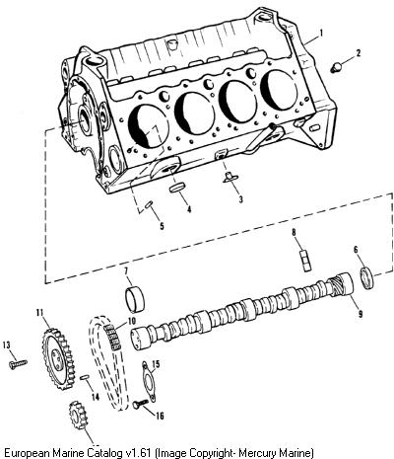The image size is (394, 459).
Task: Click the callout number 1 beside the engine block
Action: click(x=321, y=34)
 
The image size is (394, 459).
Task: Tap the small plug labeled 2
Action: click(x=336, y=68)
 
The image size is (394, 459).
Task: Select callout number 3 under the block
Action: click(x=241, y=199)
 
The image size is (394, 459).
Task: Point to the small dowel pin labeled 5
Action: click(x=149, y=204)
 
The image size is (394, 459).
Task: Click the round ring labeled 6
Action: click(x=367, y=278)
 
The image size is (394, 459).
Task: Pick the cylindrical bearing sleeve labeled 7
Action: click(x=135, y=300)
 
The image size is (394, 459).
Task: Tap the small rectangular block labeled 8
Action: click(x=305, y=262)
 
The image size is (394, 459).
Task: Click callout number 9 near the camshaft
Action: click(x=361, y=314)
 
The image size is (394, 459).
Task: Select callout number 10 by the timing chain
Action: click(x=131, y=320)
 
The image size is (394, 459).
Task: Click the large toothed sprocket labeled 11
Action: click(x=58, y=357)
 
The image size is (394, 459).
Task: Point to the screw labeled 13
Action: click(x=18, y=364)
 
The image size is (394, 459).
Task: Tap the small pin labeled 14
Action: click(x=85, y=377)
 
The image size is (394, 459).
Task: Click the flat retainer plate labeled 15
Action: click(x=149, y=381)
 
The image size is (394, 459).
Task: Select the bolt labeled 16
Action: click(x=141, y=404)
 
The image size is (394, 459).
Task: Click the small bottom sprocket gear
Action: click(x=78, y=417)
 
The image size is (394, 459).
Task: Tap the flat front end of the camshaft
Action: click(x=137, y=338)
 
